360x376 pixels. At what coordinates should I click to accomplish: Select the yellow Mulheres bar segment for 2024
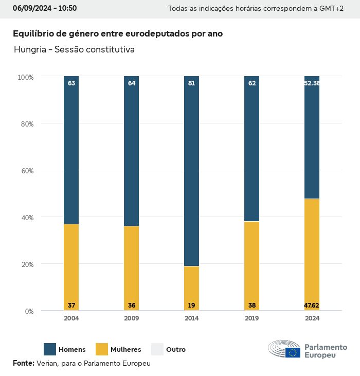pyautogui.click(x=312, y=252)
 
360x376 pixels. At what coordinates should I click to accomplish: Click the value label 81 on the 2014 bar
pyautogui.click(x=191, y=83)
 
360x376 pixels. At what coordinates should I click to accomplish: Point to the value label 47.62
pyautogui.click(x=312, y=306)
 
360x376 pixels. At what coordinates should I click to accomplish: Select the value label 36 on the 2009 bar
pyautogui.click(x=131, y=306)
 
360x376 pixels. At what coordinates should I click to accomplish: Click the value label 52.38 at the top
pyautogui.click(x=312, y=83)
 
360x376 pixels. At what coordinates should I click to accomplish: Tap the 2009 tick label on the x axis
pyautogui.click(x=131, y=318)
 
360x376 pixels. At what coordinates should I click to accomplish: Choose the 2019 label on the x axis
pyautogui.click(x=251, y=318)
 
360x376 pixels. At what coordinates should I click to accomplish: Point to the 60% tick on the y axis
pyautogui.click(x=26, y=171)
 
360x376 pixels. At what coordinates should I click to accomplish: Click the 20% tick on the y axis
pyautogui.click(x=26, y=264)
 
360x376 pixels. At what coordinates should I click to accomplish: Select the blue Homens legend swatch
pyautogui.click(x=50, y=349)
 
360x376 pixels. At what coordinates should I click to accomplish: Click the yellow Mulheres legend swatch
pyautogui.click(x=102, y=349)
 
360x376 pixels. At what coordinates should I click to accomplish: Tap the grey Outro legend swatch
pyautogui.click(x=157, y=349)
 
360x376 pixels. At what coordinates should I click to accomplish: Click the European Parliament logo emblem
pyautogui.click(x=284, y=349)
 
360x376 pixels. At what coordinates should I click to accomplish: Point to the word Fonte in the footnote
pyautogui.click(x=23, y=363)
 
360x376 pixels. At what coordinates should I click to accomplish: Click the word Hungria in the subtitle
pyautogui.click(x=29, y=50)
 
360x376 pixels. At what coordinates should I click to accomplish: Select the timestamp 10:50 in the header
pyautogui.click(x=67, y=8)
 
